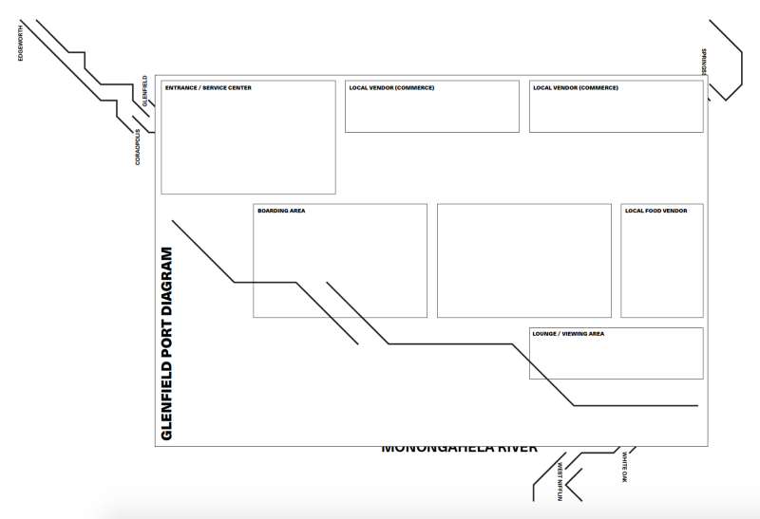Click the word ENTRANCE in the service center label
[179, 88]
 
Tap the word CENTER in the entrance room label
[240, 88]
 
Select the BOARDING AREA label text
[281, 211]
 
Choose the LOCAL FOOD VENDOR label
[656, 211]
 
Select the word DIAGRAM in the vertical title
[167, 288]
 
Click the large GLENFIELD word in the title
[167, 404]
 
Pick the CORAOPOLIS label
[138, 147]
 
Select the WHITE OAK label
[624, 467]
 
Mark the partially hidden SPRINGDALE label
[704, 62]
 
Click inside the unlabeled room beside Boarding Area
[523, 260]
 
